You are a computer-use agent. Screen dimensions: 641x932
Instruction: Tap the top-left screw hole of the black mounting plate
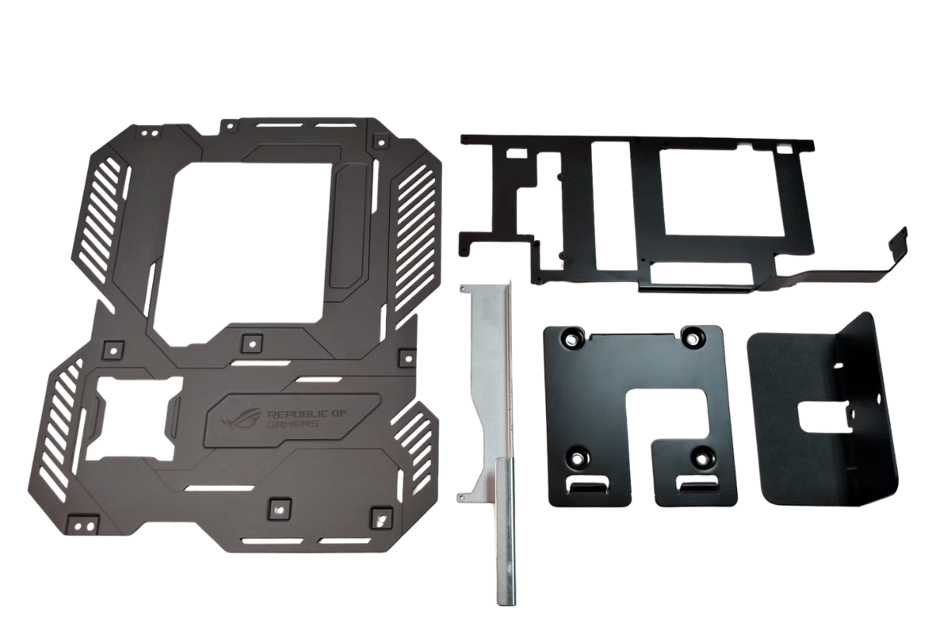572,339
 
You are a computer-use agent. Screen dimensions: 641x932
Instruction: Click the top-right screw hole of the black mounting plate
691,336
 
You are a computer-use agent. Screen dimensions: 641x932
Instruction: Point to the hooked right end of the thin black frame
899,244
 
